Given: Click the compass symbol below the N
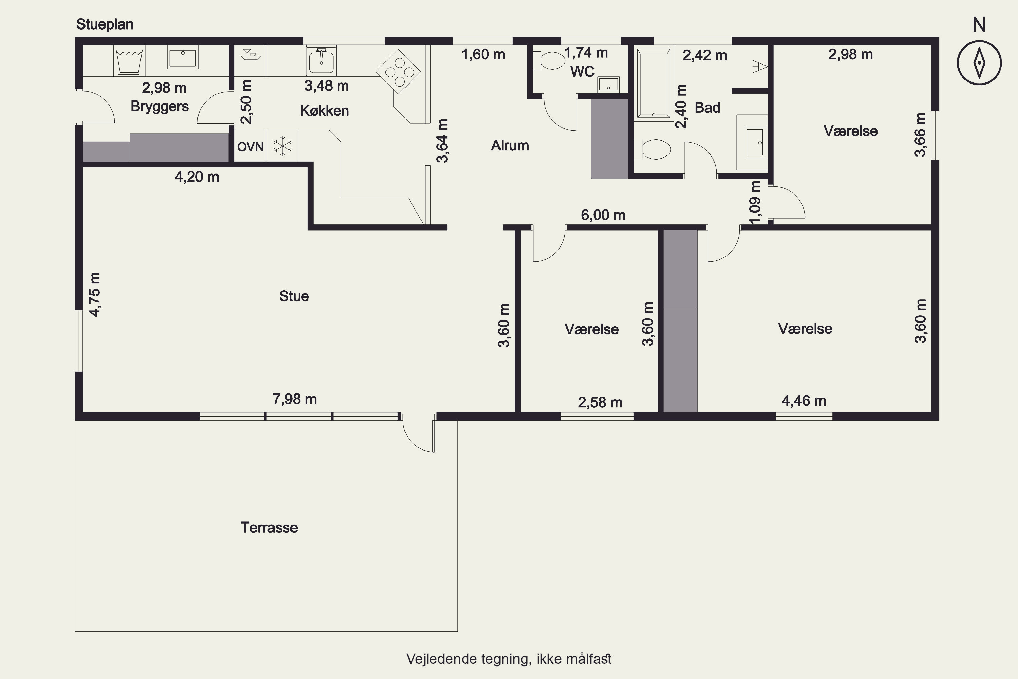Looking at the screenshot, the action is [979, 62].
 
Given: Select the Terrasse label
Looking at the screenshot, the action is [269, 528].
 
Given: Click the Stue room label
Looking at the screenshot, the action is [294, 296].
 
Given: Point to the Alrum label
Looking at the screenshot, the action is [510, 146].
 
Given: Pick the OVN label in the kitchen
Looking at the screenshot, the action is [250, 147].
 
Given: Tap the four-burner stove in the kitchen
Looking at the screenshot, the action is [398, 71].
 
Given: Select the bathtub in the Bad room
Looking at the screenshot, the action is [653, 84].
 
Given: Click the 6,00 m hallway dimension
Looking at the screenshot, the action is [603, 215].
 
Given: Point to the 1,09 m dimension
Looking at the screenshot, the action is [754, 202].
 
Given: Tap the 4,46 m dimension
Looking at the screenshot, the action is [804, 401].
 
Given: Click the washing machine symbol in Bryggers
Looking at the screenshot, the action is [129, 61].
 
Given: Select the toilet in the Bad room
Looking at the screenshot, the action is [652, 149].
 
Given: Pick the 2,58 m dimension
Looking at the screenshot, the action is [600, 402].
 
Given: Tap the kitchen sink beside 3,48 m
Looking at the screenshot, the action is [321, 61].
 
